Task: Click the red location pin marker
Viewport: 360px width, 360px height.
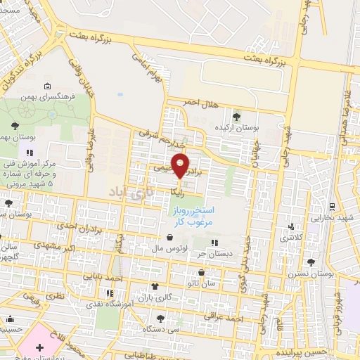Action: point(181,165)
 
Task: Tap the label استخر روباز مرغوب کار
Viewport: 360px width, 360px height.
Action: point(193,216)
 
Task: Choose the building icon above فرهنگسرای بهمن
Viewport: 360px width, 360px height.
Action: point(72,83)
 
